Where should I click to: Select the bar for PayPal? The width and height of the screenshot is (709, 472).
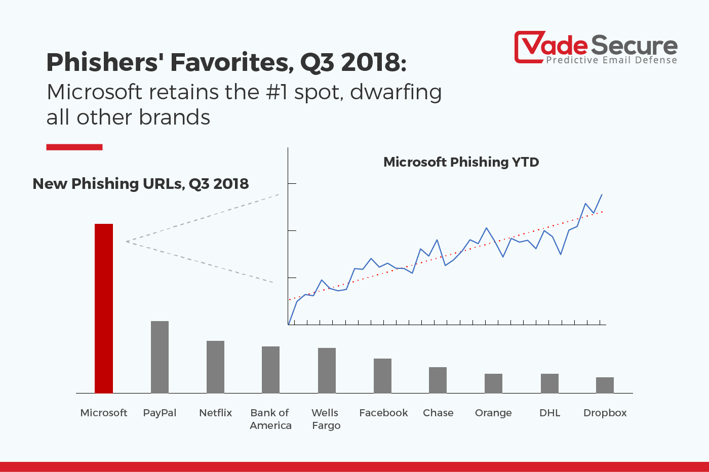160,357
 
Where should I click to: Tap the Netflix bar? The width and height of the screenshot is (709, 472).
215,367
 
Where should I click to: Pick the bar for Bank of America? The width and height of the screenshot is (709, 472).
270,370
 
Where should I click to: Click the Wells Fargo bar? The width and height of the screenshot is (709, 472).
327,370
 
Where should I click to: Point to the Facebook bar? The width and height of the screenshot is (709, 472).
382,376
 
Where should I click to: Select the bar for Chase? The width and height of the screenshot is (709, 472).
438,380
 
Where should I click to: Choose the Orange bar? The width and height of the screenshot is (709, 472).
493,383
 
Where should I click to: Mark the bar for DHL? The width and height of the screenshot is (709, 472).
549,383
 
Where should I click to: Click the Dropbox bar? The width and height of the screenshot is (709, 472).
605,385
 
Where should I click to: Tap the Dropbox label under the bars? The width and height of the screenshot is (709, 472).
605,413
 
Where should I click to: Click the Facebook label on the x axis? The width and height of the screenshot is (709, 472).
383,413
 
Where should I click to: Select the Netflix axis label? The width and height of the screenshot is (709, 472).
215,413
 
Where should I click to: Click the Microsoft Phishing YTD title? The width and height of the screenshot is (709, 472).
461,162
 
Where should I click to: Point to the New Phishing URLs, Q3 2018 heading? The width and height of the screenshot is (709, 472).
140,183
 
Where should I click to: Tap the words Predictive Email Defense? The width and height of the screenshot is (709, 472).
611,60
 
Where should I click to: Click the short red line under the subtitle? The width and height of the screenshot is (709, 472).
74,147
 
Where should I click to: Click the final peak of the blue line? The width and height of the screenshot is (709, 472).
602,194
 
